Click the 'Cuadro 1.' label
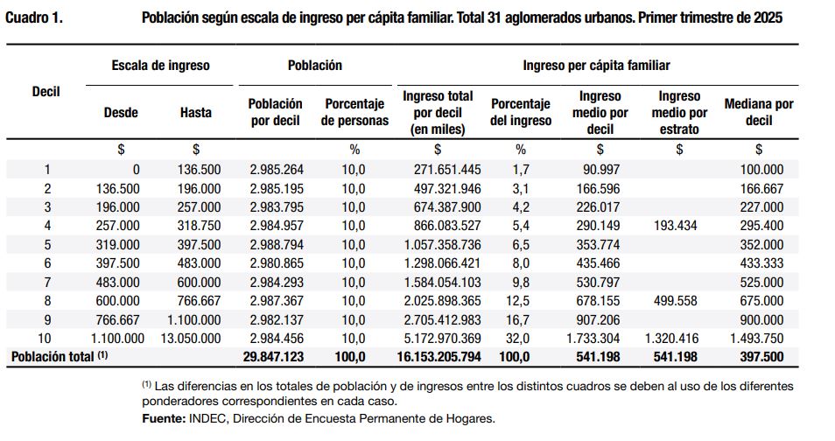34,17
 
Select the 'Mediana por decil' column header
759,112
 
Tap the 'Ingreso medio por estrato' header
679,112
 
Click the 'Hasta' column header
196,112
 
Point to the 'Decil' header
46,92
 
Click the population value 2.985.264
277,170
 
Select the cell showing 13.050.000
191,339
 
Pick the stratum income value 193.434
675,226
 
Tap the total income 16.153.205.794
439,357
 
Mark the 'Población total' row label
60,356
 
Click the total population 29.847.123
274,357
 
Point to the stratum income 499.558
675,301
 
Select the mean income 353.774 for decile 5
598,245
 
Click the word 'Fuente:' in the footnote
163,418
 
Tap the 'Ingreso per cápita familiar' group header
596,66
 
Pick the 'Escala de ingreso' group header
161,66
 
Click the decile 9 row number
47,319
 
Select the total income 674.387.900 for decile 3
447,207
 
